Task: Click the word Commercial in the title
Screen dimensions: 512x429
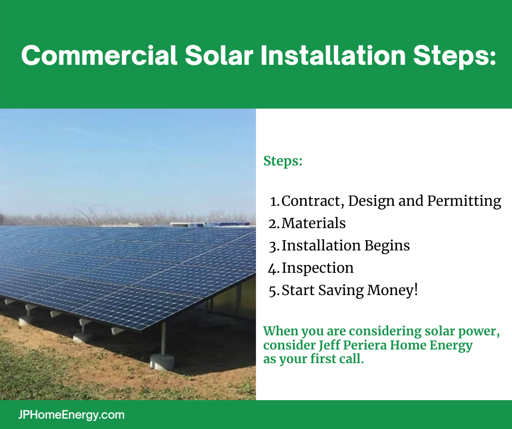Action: click(99, 55)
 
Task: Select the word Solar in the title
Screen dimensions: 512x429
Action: click(219, 55)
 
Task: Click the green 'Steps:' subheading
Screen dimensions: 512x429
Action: click(283, 161)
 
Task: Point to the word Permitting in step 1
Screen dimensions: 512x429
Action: click(464, 201)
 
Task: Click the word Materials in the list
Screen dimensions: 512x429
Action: click(314, 223)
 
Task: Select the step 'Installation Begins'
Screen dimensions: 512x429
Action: click(345, 246)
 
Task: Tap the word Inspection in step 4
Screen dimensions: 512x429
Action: click(318, 268)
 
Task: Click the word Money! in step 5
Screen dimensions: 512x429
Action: click(393, 290)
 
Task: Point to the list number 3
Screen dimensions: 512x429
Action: click(273, 247)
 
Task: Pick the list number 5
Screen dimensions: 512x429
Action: click(273, 291)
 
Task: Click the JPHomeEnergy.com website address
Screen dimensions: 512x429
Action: click(71, 415)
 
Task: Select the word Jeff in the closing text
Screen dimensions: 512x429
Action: click(330, 345)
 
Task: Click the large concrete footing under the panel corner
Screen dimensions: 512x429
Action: click(162, 361)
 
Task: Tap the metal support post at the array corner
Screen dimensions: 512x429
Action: click(163, 339)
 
